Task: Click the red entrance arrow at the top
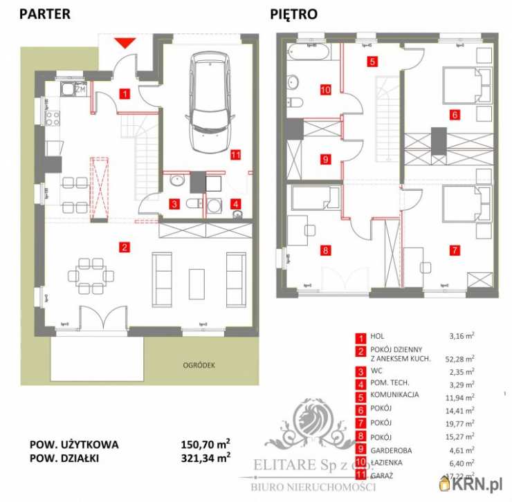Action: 125,42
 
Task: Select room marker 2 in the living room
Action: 124,247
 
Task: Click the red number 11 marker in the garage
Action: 235,155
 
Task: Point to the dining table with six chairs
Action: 94,275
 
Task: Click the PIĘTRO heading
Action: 294,13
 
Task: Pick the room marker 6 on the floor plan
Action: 454,115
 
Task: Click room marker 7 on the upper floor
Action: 454,250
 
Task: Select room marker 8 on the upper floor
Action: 324,250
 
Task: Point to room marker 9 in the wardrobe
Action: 324,159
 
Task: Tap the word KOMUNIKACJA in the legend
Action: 401,397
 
